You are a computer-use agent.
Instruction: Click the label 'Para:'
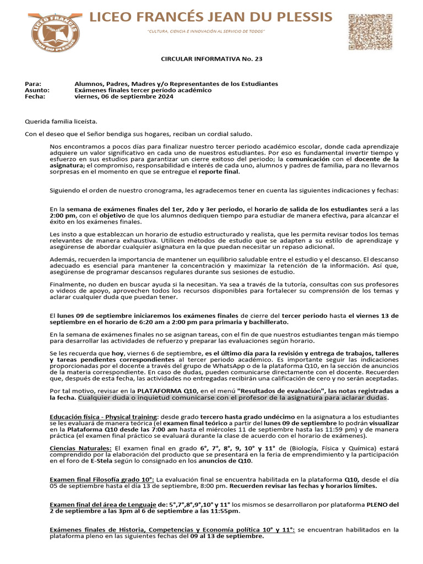point(34,84)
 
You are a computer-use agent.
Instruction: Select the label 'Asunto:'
point(37,90)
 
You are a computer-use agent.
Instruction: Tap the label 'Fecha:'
point(36,96)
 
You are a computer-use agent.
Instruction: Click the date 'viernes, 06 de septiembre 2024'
point(124,96)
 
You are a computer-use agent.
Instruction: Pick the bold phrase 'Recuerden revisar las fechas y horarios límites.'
point(303,487)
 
